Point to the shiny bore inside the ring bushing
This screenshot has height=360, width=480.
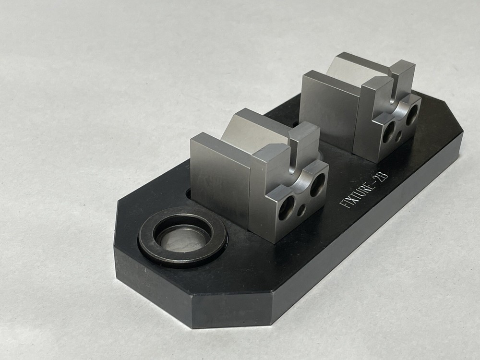(183, 239)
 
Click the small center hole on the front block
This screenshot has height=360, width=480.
(301, 209)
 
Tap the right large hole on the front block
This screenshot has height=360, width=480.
(317, 184)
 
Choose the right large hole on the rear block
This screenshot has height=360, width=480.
(412, 115)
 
